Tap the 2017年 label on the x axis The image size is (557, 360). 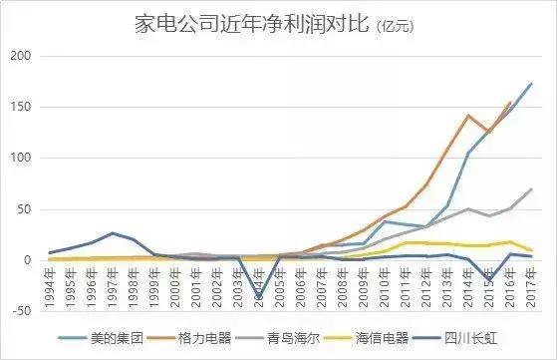point(531,282)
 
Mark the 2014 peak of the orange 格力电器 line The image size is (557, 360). point(468,116)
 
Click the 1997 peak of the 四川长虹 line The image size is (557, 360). point(114,233)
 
